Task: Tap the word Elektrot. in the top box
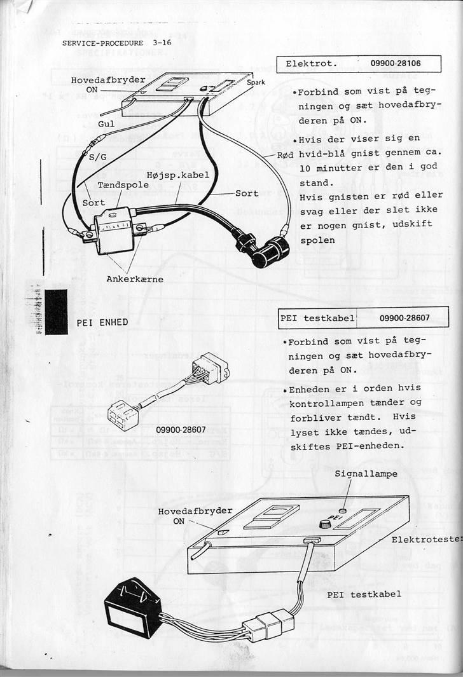(x=311, y=64)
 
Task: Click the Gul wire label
(x=106, y=124)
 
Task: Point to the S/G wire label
(x=98, y=156)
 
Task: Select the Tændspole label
(x=123, y=184)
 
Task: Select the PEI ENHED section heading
(x=102, y=322)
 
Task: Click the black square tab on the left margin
(x=56, y=311)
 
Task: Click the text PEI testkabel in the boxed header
(x=317, y=317)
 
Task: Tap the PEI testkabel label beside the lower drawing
(x=364, y=594)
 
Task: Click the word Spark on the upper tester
(x=256, y=83)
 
